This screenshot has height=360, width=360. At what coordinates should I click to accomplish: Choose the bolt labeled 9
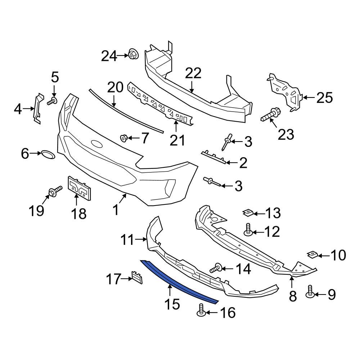pos(310,291)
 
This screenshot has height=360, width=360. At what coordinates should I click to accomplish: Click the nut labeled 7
pos(123,138)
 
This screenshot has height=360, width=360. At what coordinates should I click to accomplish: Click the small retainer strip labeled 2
pos(214,157)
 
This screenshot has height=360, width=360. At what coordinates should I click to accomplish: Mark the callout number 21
pos(177,140)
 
